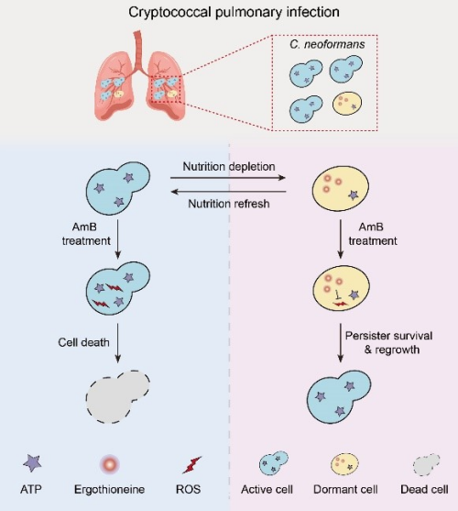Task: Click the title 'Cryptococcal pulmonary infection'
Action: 234,12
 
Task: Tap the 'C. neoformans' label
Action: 327,44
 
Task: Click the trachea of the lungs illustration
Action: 139,49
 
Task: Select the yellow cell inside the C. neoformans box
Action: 347,104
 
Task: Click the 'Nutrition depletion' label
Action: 229,167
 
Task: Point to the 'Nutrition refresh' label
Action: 229,204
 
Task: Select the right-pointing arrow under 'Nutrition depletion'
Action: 228,178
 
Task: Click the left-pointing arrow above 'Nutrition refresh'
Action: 228,192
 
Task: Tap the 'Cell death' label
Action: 83,342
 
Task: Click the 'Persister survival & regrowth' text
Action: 388,342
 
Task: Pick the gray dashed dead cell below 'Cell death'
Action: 118,396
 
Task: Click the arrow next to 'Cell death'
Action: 118,343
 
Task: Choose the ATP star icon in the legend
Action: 32,463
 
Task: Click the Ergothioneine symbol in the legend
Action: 110,464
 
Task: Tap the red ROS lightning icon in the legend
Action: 192,465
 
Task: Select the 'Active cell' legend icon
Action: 274,462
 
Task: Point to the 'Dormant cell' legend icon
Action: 344,463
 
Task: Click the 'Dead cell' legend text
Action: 424,489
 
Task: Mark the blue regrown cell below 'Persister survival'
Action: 339,396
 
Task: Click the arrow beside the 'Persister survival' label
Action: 340,343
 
